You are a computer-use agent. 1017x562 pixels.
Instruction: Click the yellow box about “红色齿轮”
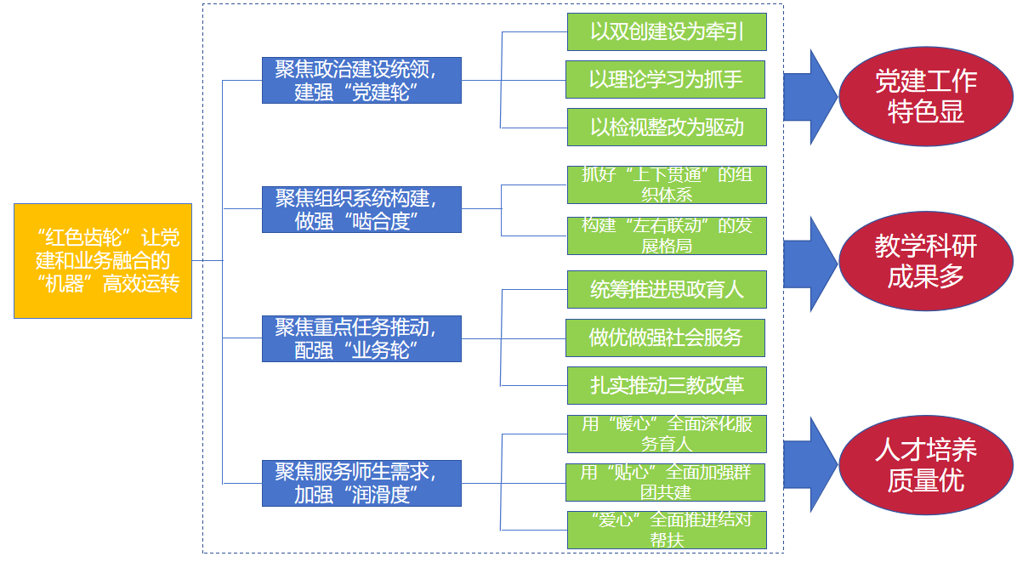pos(103,261)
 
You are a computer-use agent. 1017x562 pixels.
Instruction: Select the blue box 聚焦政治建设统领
pos(361,81)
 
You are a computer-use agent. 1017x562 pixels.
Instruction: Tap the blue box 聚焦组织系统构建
pos(361,209)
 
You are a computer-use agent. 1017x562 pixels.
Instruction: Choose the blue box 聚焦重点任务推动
pos(361,338)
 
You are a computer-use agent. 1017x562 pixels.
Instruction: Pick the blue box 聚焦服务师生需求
pos(361,483)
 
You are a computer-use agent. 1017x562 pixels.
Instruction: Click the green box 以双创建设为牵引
pos(667,32)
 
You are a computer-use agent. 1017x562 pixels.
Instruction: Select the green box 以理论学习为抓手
pos(667,80)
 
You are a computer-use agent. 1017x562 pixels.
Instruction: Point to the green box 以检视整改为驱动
pos(667,128)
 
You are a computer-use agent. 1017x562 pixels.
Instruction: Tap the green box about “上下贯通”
pos(667,184)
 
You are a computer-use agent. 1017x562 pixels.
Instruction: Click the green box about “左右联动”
pos(667,236)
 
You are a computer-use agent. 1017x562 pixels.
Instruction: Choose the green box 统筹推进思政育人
pos(667,290)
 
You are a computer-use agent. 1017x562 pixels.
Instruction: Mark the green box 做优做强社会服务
pos(667,338)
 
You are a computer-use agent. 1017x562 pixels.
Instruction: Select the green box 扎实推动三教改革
pos(667,385)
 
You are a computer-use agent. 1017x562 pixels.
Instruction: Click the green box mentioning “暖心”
pos(667,434)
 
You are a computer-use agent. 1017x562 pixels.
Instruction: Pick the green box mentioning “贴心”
pos(667,482)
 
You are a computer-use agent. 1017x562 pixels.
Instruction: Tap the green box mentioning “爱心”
pos(667,530)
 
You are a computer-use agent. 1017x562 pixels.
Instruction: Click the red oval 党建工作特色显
pos(925,96)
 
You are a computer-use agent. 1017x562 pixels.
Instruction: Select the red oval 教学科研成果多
pos(925,261)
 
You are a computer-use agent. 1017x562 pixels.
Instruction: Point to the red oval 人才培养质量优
pos(925,465)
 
